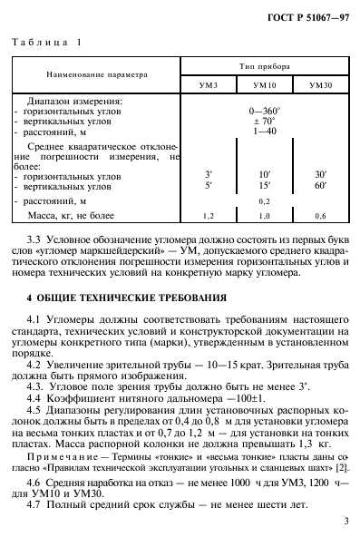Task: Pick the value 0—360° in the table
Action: (x=264, y=110)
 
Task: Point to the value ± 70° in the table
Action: (x=264, y=120)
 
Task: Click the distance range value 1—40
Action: (x=264, y=131)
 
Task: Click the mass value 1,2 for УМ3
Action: (x=209, y=217)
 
